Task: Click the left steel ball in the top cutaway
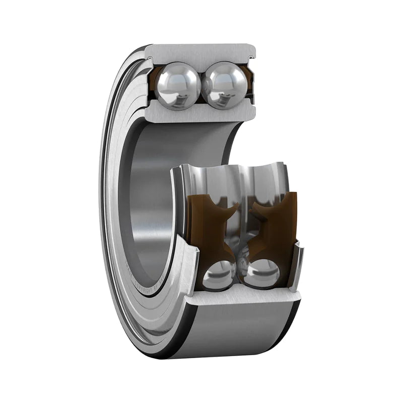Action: [x=177, y=85]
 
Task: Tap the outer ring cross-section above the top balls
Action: [x=201, y=53]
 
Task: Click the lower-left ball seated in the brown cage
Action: [x=220, y=275]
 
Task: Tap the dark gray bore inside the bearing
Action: [x=151, y=201]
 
